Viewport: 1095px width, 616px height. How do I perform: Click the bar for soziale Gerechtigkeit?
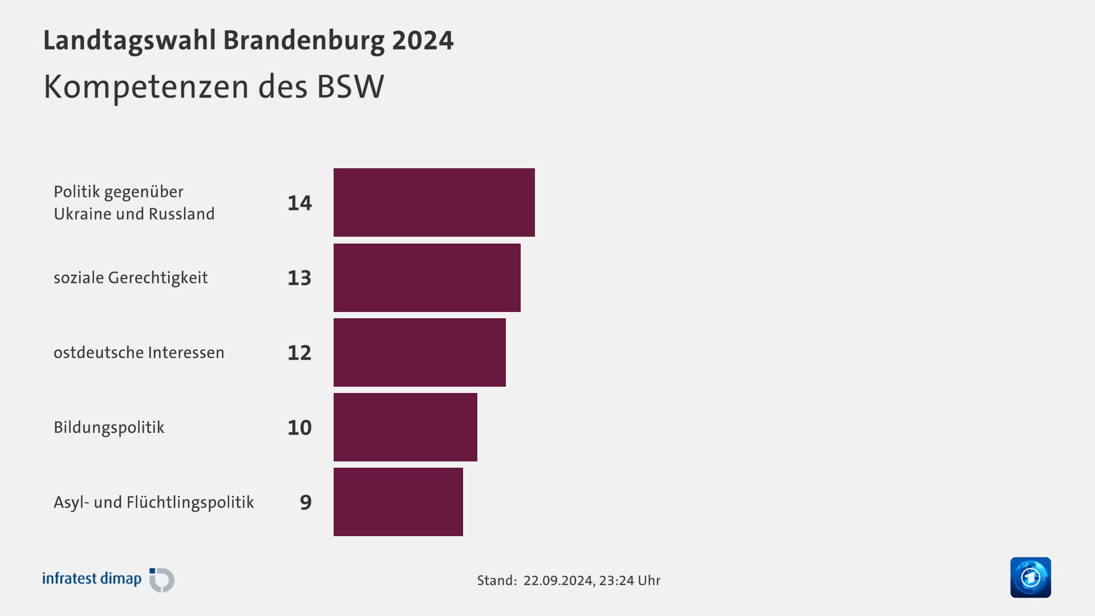(427, 278)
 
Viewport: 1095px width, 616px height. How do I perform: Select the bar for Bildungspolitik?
(405, 427)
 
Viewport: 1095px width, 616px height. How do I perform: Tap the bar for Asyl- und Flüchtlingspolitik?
(398, 502)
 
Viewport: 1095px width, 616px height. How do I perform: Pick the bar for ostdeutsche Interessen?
(419, 352)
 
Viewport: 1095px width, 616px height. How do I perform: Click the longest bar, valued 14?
(434, 202)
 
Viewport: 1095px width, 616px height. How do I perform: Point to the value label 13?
(299, 278)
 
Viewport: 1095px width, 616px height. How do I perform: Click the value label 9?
(306, 502)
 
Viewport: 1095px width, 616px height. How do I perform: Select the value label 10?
(299, 428)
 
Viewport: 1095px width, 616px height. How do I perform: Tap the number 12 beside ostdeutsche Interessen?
(299, 353)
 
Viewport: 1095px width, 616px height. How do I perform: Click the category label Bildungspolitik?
(109, 428)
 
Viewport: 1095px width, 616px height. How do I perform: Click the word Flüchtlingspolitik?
(190, 502)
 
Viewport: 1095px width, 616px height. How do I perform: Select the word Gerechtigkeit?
(158, 278)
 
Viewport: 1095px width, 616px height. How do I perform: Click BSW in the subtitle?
(350, 87)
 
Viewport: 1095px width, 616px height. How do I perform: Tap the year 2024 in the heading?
(423, 40)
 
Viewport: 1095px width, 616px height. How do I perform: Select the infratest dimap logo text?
(92, 579)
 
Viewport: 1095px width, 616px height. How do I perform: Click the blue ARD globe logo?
(1030, 577)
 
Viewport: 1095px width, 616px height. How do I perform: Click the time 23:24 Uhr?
(630, 581)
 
